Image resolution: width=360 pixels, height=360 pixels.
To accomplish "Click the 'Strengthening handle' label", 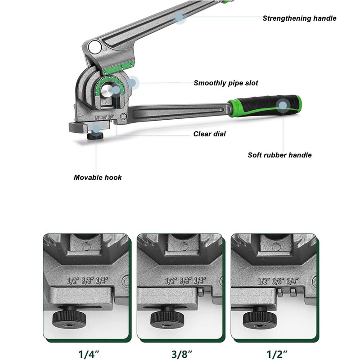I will [x=299, y=18].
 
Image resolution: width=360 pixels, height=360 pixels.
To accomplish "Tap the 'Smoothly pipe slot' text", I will [x=226, y=83].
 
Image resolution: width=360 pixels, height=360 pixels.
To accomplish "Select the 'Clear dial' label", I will [x=210, y=134].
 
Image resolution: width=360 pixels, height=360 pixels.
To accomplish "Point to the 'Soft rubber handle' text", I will [x=279, y=155].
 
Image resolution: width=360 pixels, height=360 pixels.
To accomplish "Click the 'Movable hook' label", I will [x=98, y=177].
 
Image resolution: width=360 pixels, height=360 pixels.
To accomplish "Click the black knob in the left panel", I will [x=70, y=317].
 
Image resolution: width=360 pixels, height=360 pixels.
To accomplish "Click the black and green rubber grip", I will [x=265, y=106].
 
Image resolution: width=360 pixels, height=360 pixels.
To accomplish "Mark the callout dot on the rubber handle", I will [x=283, y=106].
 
